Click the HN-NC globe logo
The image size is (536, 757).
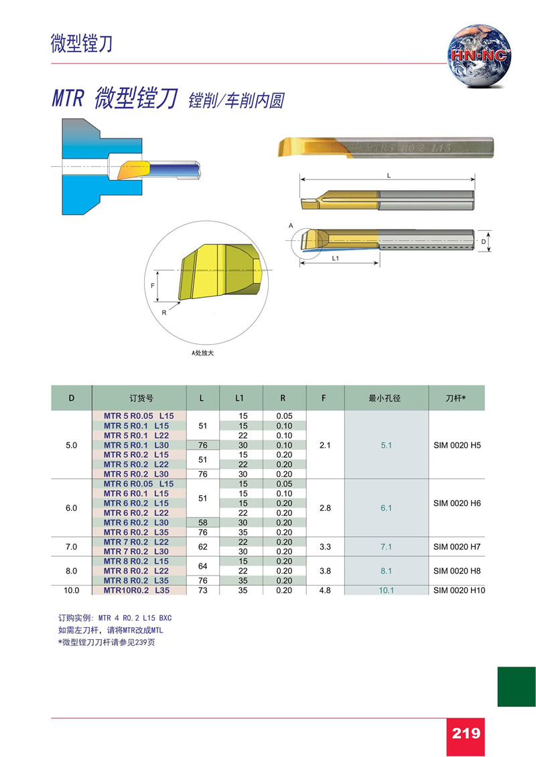[479, 56]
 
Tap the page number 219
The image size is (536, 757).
[466, 734]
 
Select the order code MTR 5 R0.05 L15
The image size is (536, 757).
[139, 416]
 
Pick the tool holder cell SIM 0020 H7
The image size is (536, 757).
[457, 547]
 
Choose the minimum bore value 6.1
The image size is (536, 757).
[386, 508]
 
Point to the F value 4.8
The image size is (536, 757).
[325, 590]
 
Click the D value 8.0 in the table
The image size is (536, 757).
[72, 571]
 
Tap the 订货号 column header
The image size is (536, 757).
[141, 398]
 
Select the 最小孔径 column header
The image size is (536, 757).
[385, 398]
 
